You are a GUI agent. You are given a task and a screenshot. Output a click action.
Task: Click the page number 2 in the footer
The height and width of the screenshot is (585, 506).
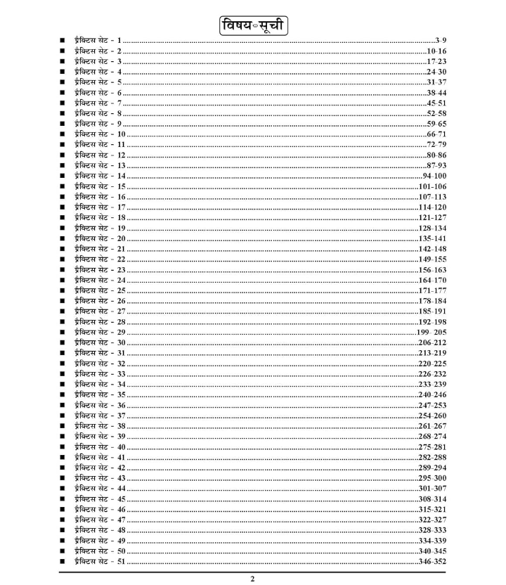[x=253, y=579]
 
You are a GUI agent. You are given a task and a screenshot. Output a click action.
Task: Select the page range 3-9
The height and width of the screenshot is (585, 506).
[x=441, y=41]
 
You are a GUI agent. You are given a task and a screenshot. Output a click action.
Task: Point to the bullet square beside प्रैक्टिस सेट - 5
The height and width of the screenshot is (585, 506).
[x=63, y=82]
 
